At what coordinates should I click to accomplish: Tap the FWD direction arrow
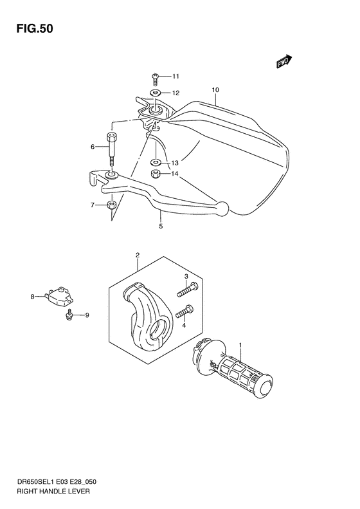(x=283, y=62)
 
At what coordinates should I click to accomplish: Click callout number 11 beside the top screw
(x=176, y=77)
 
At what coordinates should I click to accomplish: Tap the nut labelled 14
(x=156, y=174)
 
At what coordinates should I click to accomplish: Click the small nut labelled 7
(x=111, y=205)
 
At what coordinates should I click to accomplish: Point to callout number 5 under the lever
(x=161, y=226)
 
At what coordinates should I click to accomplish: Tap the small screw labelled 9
(x=67, y=314)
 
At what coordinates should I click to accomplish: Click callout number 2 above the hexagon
(x=138, y=255)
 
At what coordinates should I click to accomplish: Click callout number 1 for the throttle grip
(x=240, y=346)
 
